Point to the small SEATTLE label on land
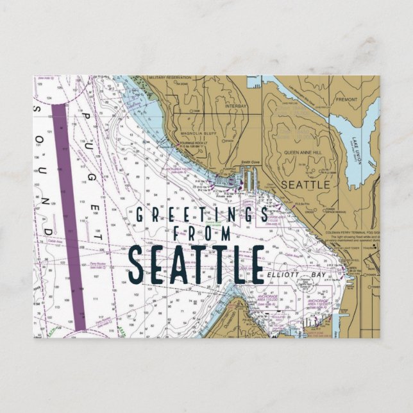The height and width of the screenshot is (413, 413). pyautogui.click(x=306, y=184)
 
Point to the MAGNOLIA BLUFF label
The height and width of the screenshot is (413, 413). pyautogui.click(x=197, y=135)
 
